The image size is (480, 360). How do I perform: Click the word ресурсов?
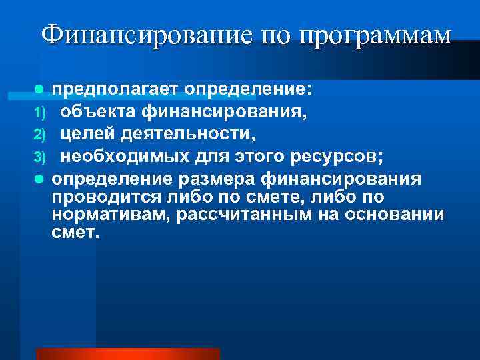327,156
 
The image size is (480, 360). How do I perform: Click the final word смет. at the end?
74,234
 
